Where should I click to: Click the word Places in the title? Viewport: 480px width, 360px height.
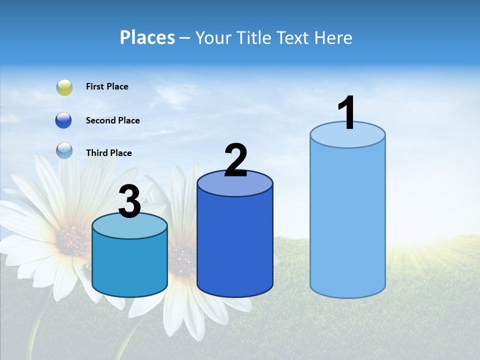point(147,37)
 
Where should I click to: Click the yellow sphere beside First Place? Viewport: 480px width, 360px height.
point(64,87)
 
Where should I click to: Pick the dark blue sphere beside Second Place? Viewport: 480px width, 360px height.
point(63,120)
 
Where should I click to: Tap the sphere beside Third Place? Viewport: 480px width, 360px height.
point(64,150)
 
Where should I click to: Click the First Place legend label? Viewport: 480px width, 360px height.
point(107,86)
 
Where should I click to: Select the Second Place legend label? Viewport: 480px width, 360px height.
point(112,120)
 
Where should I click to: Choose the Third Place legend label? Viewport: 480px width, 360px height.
point(108,153)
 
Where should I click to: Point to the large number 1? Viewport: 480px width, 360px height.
point(346,113)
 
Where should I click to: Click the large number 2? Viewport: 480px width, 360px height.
point(235,160)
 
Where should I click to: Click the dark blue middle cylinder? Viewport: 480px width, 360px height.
point(235,240)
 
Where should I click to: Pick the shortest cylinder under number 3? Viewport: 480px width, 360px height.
point(130,265)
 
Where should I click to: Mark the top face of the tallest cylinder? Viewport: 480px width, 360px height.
point(347,135)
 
